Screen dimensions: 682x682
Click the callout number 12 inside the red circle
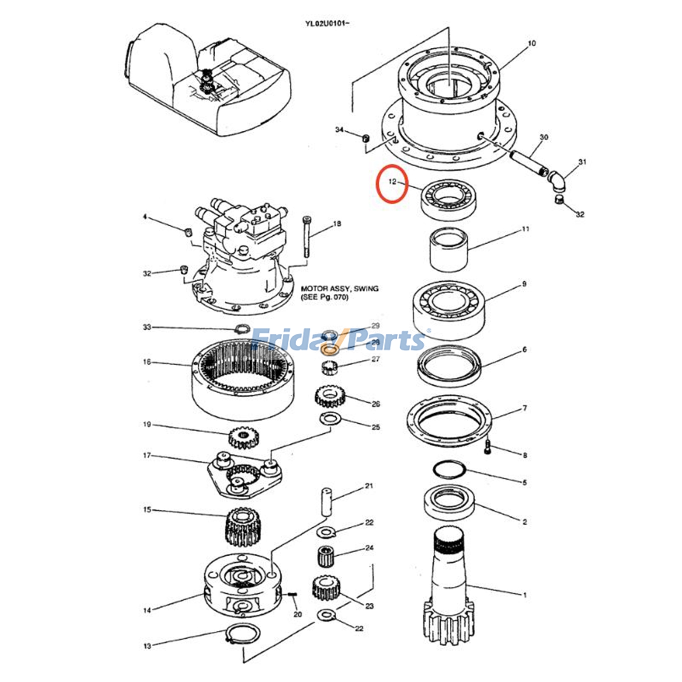392,182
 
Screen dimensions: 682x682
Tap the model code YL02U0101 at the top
327,23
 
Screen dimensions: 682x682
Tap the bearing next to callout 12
448,199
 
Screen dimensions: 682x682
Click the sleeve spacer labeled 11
448,250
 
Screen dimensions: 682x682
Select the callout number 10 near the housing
532,43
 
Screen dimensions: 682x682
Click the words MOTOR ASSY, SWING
339,289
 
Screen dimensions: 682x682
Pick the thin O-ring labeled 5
449,470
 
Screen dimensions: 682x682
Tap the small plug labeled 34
365,139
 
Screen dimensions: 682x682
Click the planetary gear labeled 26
329,396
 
